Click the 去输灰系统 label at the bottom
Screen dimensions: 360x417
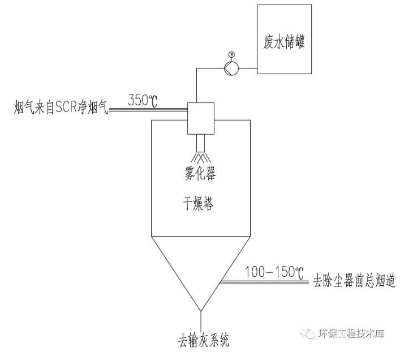point(201,342)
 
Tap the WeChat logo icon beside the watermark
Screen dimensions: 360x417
point(309,334)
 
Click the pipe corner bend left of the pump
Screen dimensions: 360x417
point(196,68)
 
